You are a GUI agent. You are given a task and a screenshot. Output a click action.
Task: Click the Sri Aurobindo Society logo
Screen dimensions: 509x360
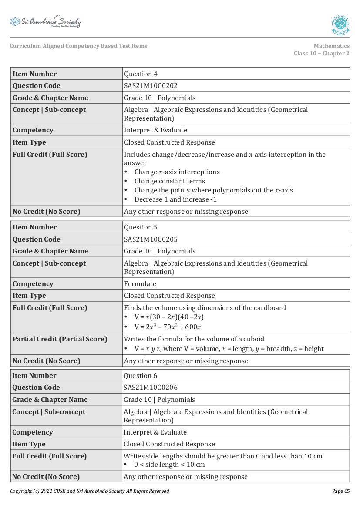tap(45, 22)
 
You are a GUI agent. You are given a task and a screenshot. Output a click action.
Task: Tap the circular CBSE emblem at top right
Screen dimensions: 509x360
tap(340, 25)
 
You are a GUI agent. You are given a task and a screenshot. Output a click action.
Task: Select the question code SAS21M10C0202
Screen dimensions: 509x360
tap(151, 86)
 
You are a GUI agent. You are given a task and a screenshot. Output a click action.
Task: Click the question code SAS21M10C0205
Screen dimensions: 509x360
tap(151, 239)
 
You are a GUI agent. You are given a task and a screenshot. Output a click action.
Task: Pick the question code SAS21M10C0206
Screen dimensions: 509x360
tap(151, 388)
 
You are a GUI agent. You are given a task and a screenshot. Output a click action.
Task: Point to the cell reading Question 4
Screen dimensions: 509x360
tap(141, 74)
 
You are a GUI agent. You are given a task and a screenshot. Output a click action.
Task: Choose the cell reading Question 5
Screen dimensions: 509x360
tap(141, 227)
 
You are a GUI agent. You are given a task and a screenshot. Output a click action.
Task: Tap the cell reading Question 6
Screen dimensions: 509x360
tap(141, 376)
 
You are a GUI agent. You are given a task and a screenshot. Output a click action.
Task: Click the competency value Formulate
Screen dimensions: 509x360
tap(140, 284)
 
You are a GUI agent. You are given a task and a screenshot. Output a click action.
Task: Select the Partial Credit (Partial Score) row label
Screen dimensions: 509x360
tap(60, 339)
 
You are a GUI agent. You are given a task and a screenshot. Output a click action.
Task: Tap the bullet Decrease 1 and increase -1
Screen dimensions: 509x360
tap(175, 199)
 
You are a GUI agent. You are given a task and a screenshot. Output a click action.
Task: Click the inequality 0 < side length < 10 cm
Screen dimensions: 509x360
tap(169, 465)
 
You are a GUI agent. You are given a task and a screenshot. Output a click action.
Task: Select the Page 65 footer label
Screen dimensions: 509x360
tap(340, 491)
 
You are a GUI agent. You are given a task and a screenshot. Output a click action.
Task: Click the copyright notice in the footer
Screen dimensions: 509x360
tap(89, 491)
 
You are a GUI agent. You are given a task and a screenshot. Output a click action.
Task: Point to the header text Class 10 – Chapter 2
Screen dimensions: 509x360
tap(321, 54)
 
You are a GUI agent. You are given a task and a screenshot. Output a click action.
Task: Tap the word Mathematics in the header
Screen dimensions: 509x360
tap(331, 46)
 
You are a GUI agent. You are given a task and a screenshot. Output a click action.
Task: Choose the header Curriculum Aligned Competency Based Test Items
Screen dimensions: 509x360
tap(78, 46)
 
